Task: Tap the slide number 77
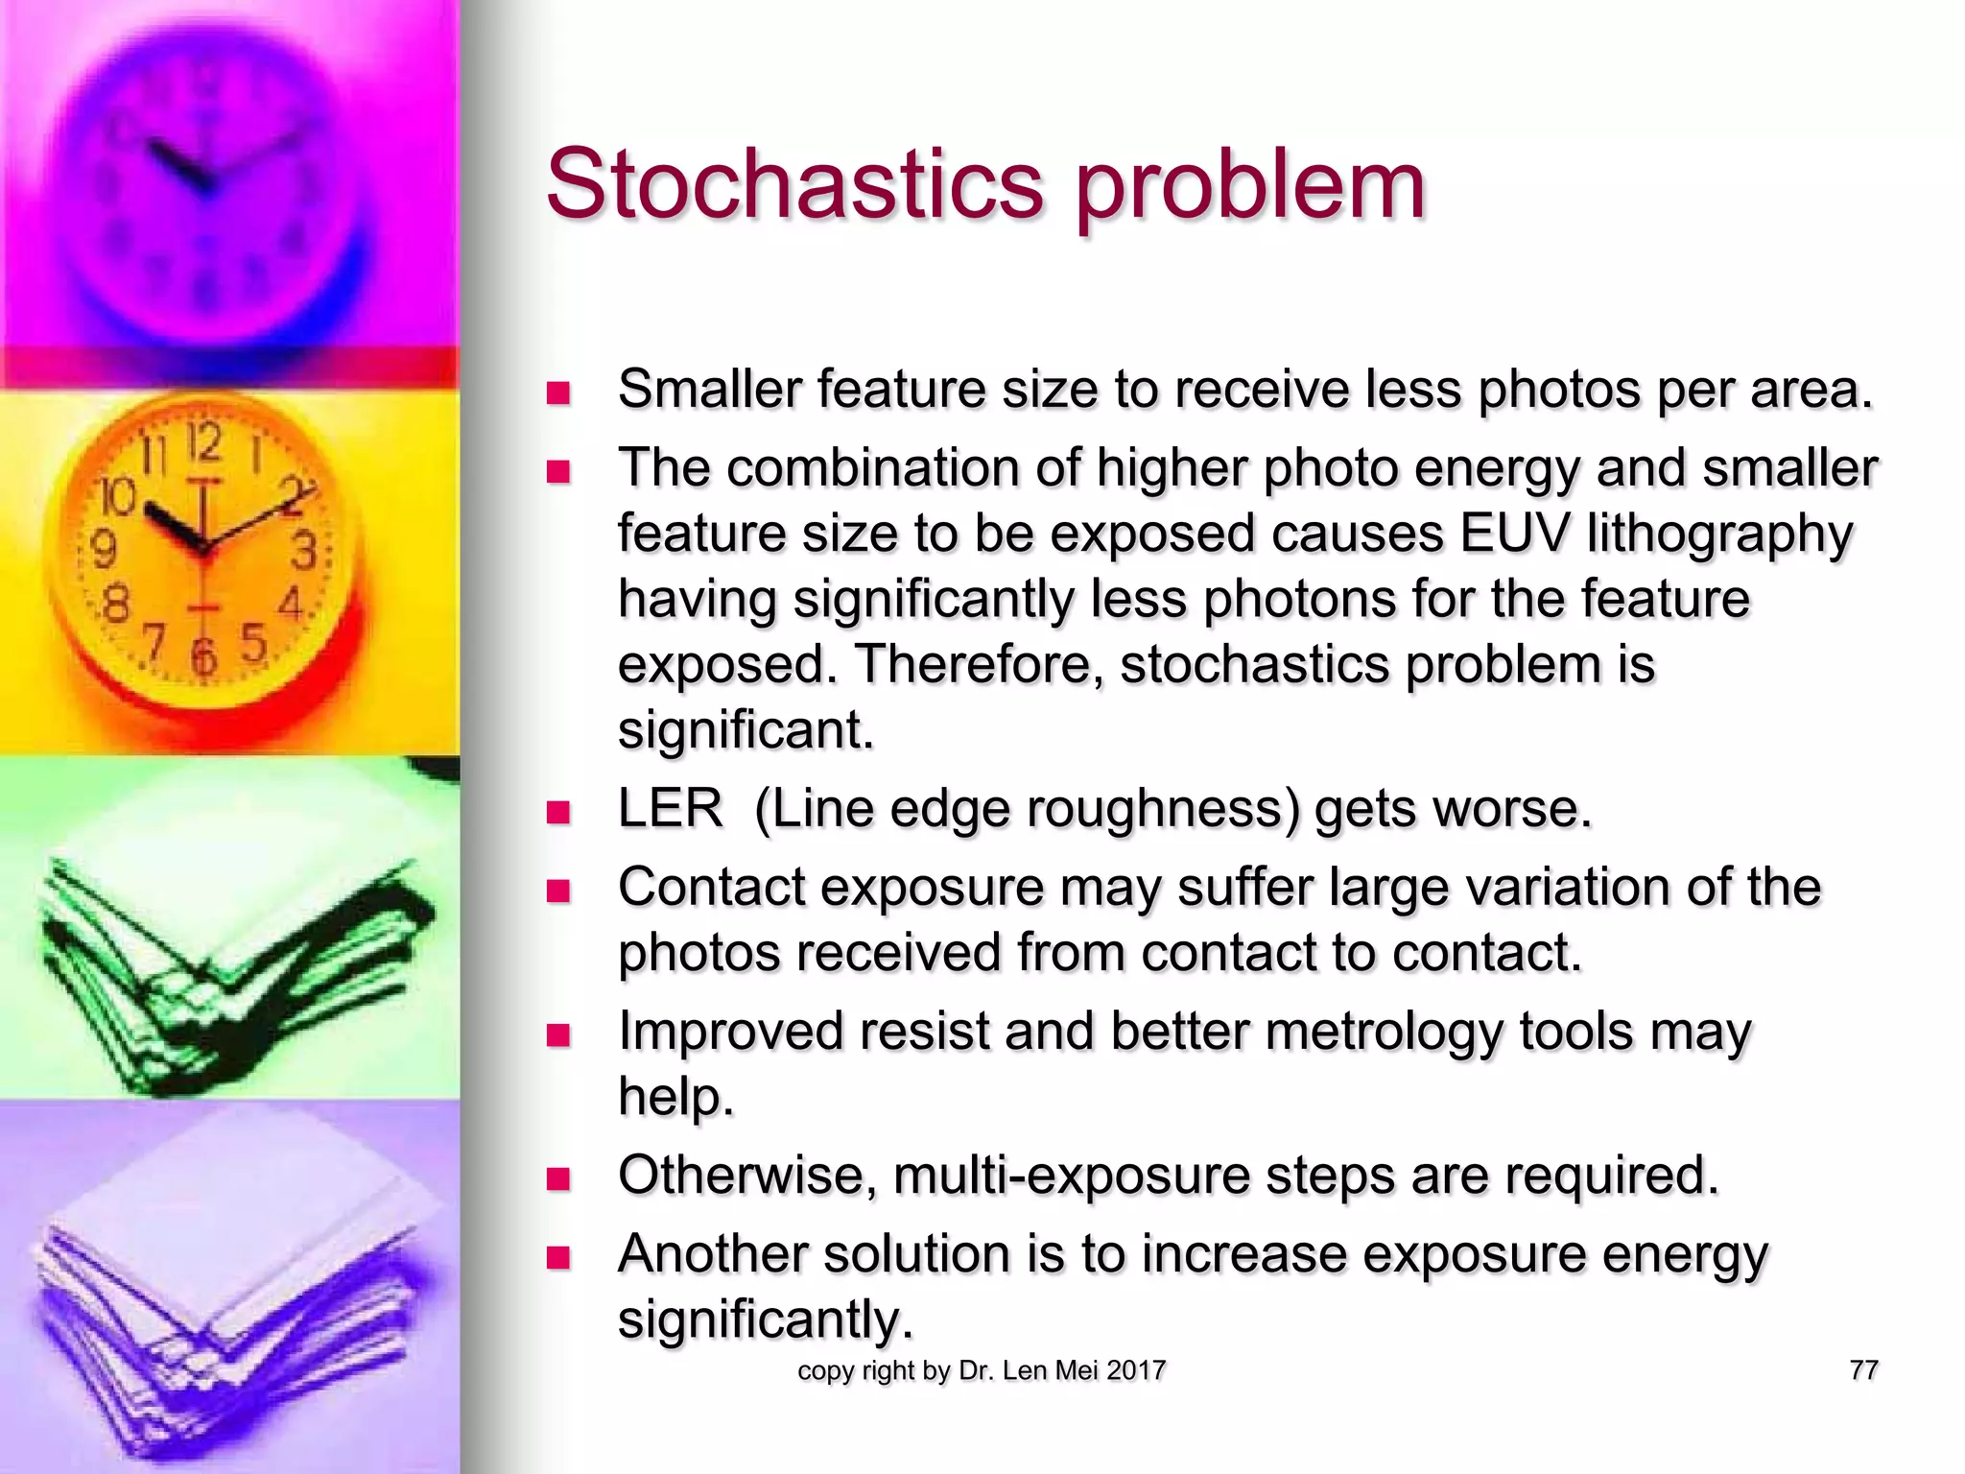click(x=1863, y=1369)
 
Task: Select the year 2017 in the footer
click(x=1135, y=1370)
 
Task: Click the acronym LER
click(x=670, y=808)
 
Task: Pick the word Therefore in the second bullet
click(x=978, y=664)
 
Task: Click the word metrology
click(x=1384, y=1032)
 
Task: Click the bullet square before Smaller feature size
click(x=558, y=392)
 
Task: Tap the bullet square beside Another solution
click(x=558, y=1257)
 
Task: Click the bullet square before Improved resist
click(x=558, y=1034)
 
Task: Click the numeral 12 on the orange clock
click(x=203, y=443)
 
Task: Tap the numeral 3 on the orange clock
click(x=304, y=552)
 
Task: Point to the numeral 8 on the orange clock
click(x=115, y=606)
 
